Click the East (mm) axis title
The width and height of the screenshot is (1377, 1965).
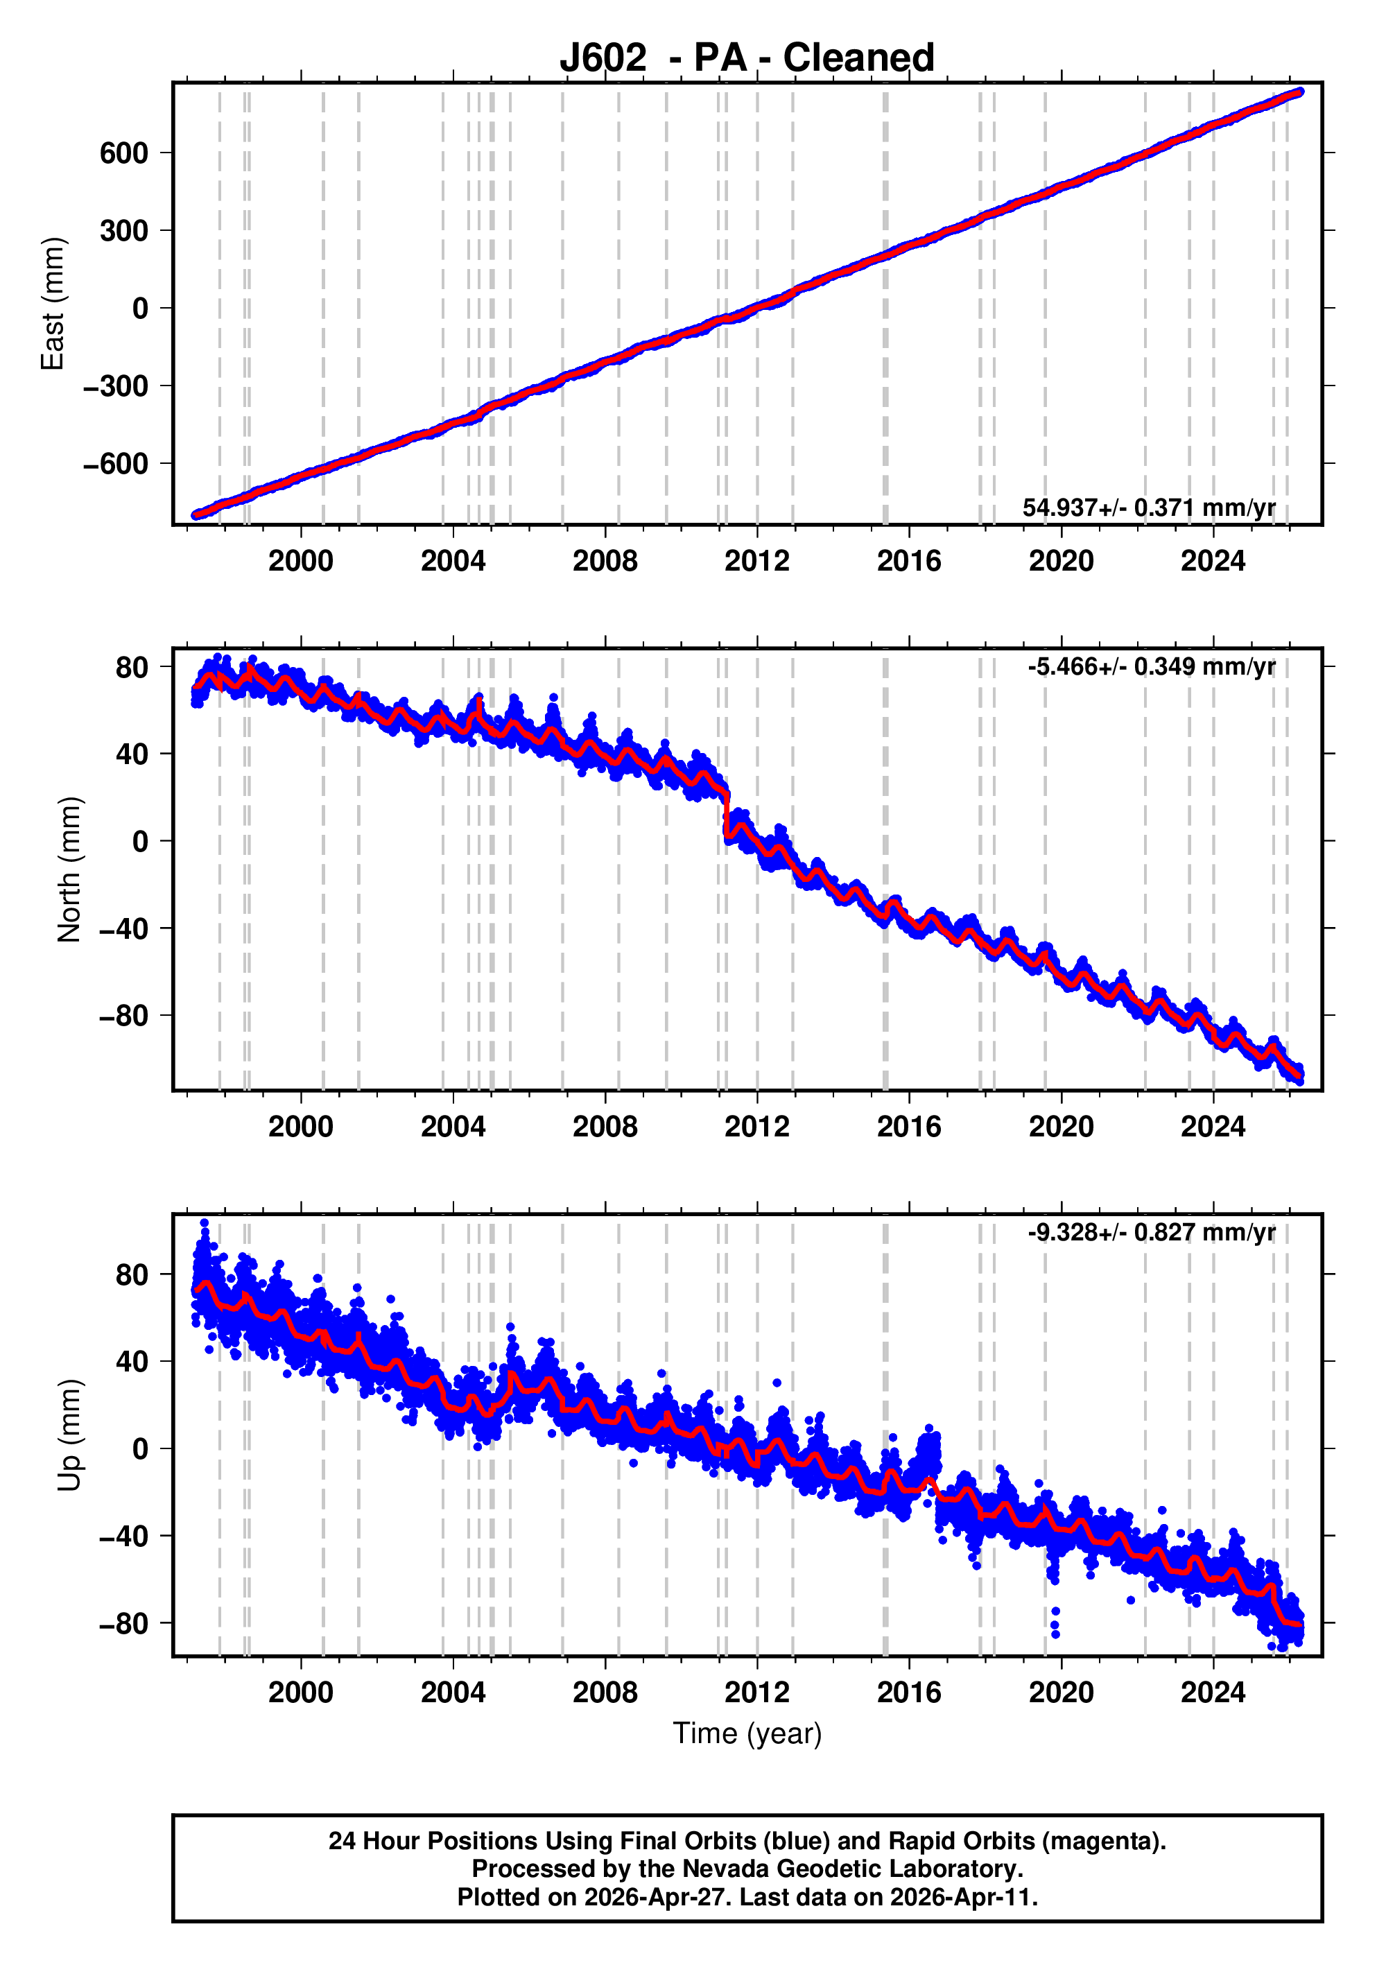click(x=53, y=304)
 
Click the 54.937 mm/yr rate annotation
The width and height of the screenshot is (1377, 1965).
click(x=1148, y=508)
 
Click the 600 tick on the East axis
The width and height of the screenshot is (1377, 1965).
click(x=124, y=153)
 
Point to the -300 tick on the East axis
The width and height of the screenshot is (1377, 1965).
click(x=116, y=386)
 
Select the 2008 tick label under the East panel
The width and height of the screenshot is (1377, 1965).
click(x=605, y=562)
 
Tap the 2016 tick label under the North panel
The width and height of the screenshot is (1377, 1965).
click(x=909, y=1127)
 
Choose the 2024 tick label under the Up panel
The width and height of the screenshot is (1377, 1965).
click(x=1213, y=1693)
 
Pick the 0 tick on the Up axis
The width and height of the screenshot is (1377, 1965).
click(x=140, y=1449)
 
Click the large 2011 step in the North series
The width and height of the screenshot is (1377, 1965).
click(x=727, y=813)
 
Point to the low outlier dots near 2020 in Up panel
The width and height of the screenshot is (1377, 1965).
click(x=1055, y=1622)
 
